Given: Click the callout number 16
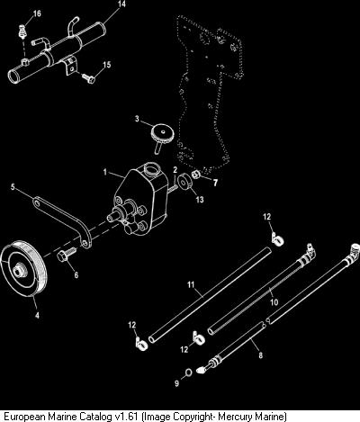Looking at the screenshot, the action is coord(37,13).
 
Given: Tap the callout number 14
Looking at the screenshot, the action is coord(121,4).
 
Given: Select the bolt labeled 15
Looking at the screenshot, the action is coord(88,78).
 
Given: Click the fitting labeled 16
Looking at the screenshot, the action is coord(22,31).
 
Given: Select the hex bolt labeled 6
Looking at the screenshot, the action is coord(67,255).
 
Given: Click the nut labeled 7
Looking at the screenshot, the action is coord(196,174).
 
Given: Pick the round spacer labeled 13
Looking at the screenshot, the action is coord(184,184).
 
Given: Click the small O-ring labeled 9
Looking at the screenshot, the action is coord(188,373).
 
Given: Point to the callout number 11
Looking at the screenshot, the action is coord(191,284).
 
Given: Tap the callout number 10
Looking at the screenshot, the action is coord(274,302).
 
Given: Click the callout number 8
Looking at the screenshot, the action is coord(260,355).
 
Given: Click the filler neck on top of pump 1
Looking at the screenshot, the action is coord(151,169).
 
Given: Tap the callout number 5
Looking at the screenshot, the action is coord(13,187).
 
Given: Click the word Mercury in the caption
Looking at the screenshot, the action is coord(235,417).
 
